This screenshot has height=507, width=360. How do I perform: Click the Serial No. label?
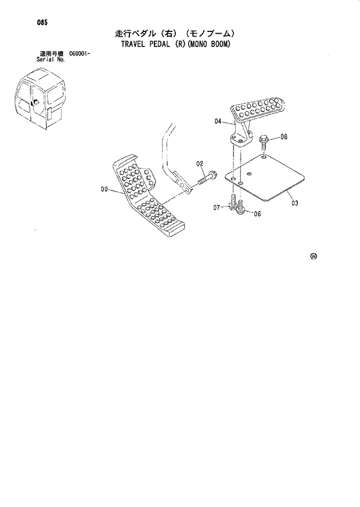(50, 59)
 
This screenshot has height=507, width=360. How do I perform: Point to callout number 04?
(218, 121)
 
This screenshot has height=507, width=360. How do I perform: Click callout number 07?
(217, 207)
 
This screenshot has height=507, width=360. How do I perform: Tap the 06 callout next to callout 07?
(256, 213)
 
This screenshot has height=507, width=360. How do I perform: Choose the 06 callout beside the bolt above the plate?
(284, 137)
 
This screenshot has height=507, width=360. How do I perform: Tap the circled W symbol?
(314, 256)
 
